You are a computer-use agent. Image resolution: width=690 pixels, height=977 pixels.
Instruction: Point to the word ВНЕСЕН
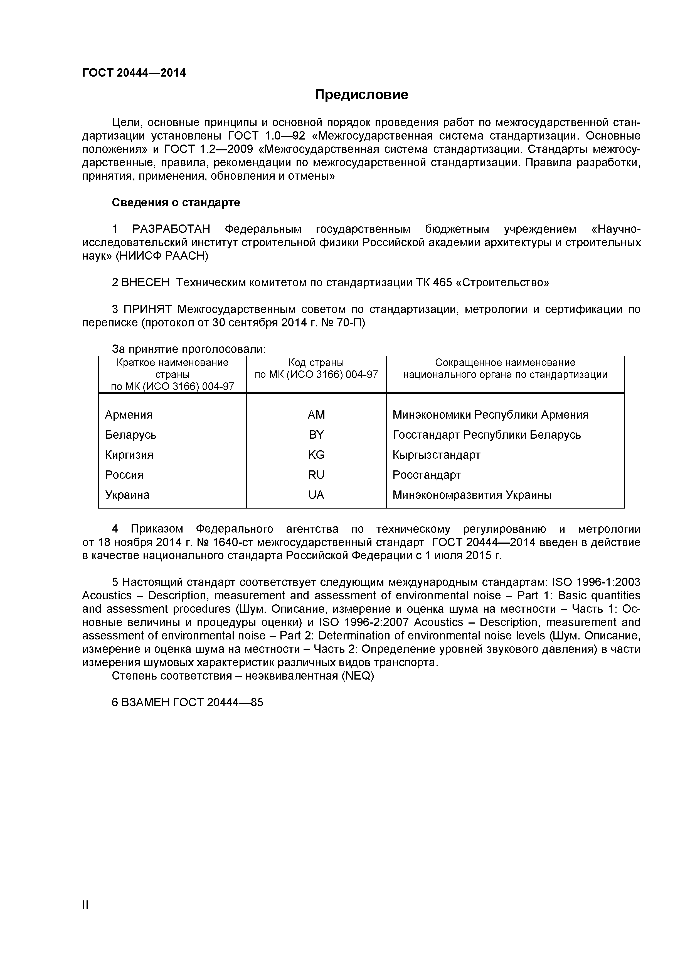pyautogui.click(x=146, y=283)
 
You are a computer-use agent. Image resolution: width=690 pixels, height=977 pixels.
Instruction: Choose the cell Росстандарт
pyautogui.click(x=427, y=475)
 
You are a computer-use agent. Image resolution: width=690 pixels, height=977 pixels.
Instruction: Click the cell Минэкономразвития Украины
pyautogui.click(x=472, y=495)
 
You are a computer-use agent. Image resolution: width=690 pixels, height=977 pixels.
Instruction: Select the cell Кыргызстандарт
pyautogui.click(x=436, y=455)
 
